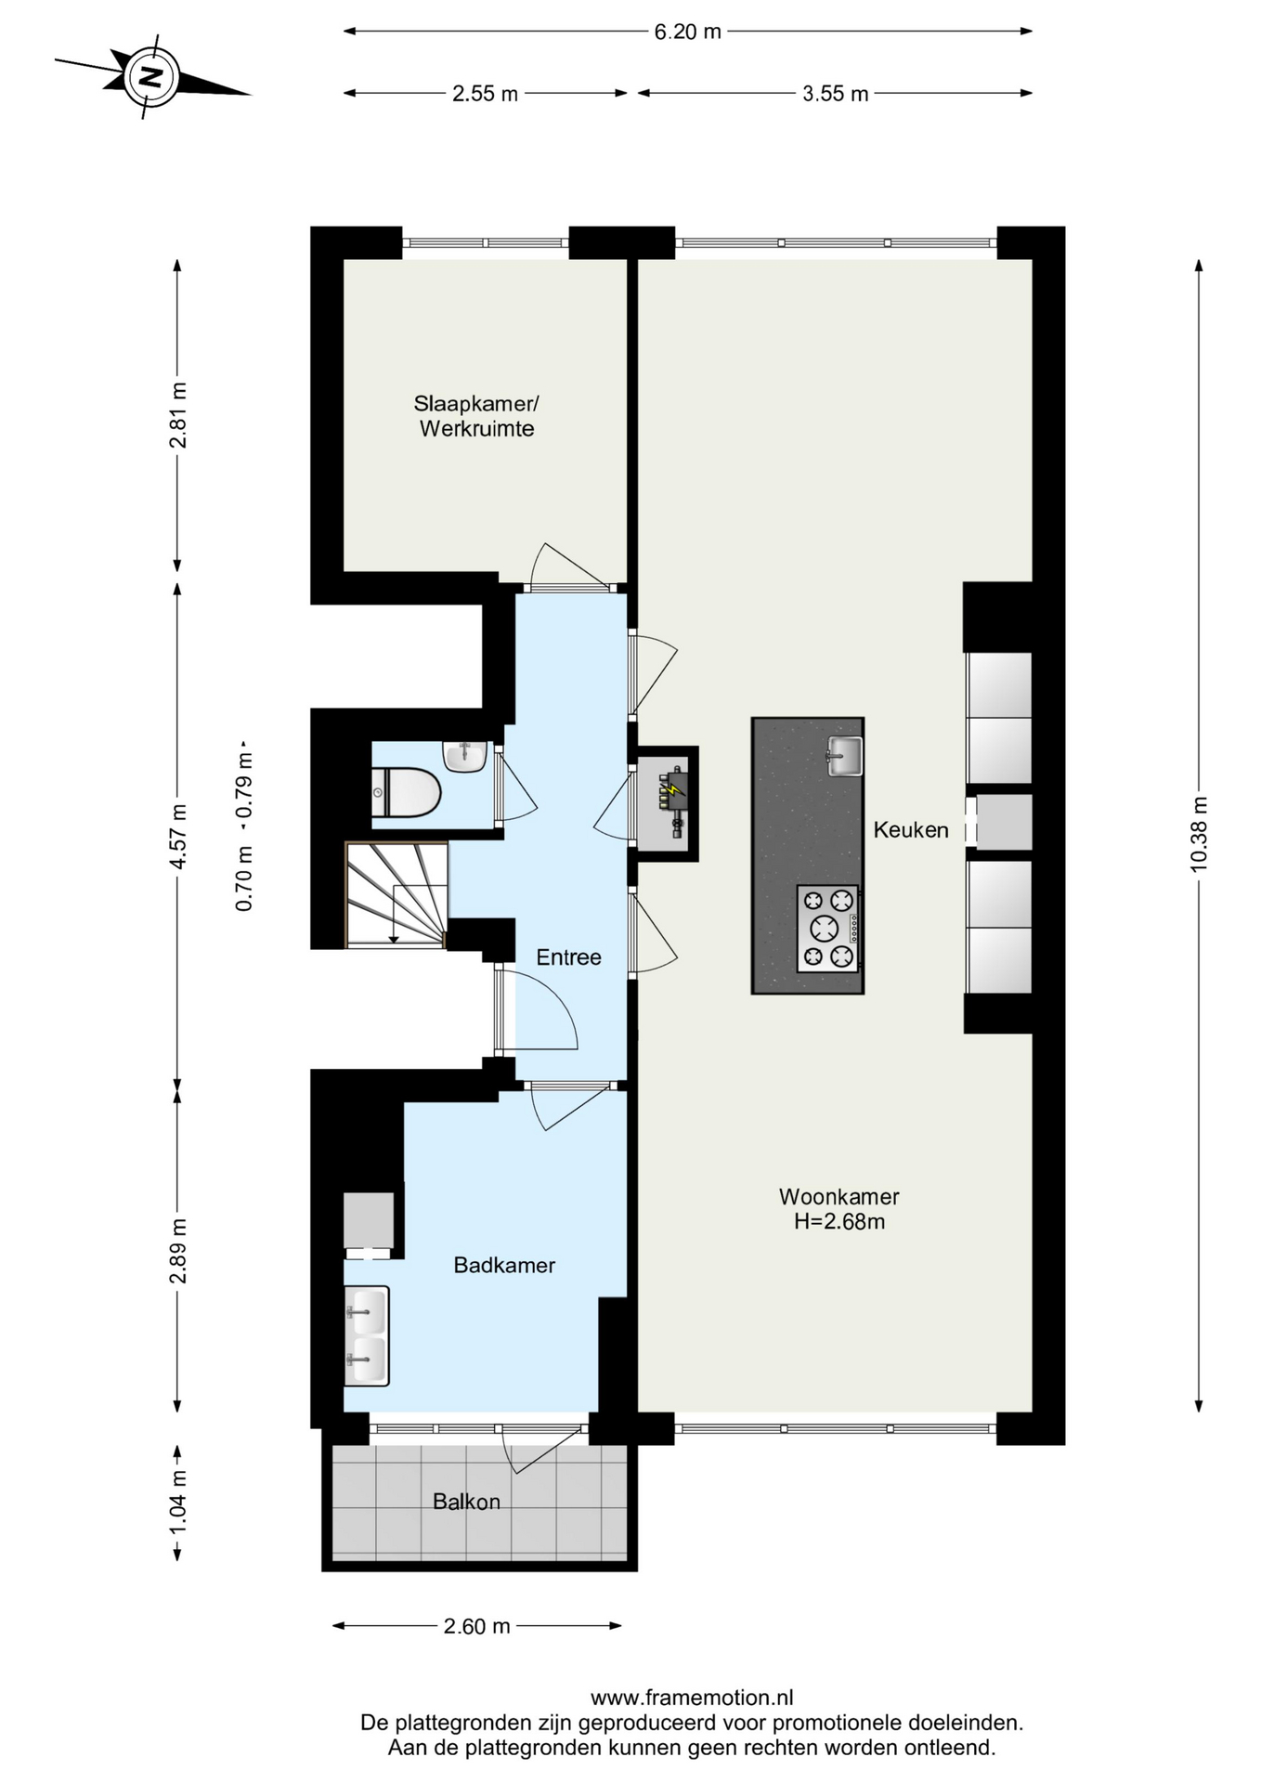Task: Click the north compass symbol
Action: pos(150,77)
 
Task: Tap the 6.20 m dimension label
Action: pos(688,32)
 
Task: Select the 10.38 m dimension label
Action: pos(1199,834)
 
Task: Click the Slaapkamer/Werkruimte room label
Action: pos(476,416)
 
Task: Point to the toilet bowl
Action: pos(406,792)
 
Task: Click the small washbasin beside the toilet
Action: pos(465,756)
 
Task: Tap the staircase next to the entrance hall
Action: pos(396,895)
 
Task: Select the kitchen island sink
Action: pos(845,755)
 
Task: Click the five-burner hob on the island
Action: pos(827,928)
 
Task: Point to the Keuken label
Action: pos(911,830)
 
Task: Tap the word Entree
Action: pos(568,957)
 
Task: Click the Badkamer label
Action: pos(504,1265)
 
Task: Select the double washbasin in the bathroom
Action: pos(367,1336)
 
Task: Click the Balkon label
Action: pos(466,1502)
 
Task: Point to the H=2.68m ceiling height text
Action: pos(839,1222)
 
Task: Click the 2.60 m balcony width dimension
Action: pos(477,1626)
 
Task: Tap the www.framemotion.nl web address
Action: pos(692,1698)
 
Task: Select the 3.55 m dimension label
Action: pos(836,94)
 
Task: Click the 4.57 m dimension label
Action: pos(178,836)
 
